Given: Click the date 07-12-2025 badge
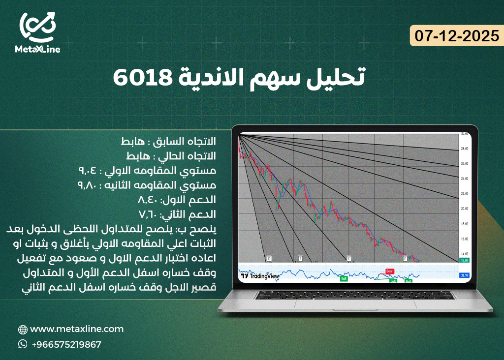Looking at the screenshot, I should (x=457, y=36).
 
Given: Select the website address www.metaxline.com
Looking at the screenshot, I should (x=77, y=329).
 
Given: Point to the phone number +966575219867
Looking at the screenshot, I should (x=66, y=345).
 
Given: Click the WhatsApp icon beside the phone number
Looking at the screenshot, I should (x=23, y=344).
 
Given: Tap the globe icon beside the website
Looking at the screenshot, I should (x=23, y=330).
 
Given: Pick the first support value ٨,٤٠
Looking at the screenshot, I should (x=148, y=200).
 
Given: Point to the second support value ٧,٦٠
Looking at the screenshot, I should (x=148, y=214).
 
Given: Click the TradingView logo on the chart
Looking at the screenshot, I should (x=260, y=276).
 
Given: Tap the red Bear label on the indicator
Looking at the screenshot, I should (x=390, y=271).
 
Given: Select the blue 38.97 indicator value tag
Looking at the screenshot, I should (x=464, y=276).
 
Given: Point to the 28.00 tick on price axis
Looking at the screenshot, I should (x=464, y=149).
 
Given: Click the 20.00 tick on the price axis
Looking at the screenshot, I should (x=464, y=209).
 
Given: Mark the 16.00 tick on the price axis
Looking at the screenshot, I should (x=464, y=239).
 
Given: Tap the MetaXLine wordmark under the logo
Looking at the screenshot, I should (x=37, y=49).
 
